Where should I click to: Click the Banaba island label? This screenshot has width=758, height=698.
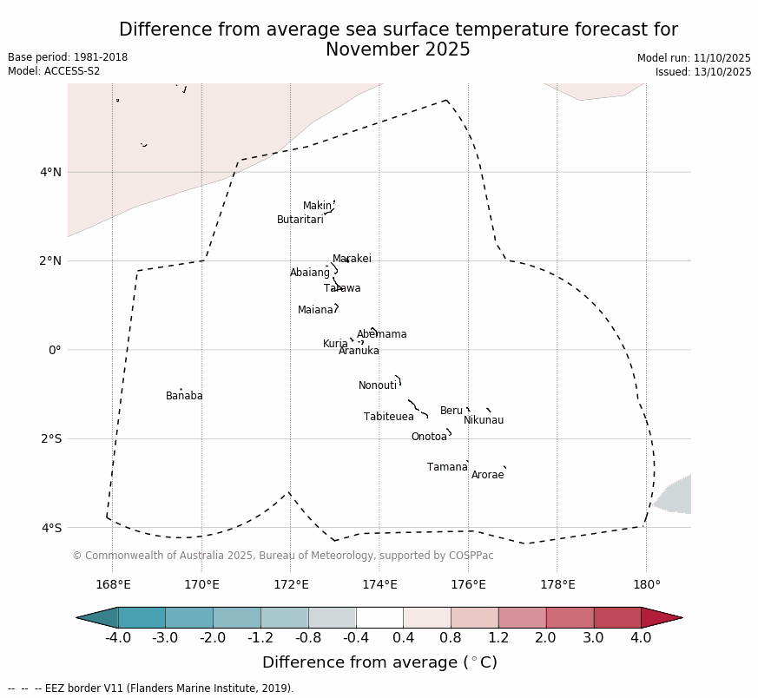click(x=184, y=397)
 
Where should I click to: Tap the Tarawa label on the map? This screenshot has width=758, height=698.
click(x=342, y=289)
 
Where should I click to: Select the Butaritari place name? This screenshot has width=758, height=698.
click(x=300, y=221)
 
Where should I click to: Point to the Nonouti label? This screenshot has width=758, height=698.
click(x=377, y=386)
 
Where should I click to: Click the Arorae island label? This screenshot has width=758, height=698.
click(x=487, y=476)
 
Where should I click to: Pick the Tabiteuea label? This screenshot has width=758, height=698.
click(x=388, y=418)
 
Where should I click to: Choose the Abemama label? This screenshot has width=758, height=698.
click(x=381, y=335)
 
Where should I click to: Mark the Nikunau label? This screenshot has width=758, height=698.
click(x=483, y=421)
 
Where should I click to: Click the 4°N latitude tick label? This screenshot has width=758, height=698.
click(x=50, y=172)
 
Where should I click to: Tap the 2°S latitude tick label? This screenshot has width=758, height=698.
click(x=50, y=438)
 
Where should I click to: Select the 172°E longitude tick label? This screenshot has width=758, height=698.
click(x=290, y=584)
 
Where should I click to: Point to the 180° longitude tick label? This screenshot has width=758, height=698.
click(x=646, y=584)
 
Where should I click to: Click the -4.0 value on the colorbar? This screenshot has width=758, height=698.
click(x=117, y=638)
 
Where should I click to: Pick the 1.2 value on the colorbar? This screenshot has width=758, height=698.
click(x=498, y=638)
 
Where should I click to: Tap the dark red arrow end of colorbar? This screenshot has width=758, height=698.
click(x=663, y=617)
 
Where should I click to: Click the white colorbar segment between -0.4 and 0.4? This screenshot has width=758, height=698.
click(x=379, y=617)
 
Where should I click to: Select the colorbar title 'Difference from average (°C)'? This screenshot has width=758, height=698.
click(x=379, y=663)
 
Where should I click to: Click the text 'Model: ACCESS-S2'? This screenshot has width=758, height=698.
click(x=54, y=71)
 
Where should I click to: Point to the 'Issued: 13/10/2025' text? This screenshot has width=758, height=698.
click(x=702, y=72)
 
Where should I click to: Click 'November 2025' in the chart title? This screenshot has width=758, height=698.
click(x=398, y=50)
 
